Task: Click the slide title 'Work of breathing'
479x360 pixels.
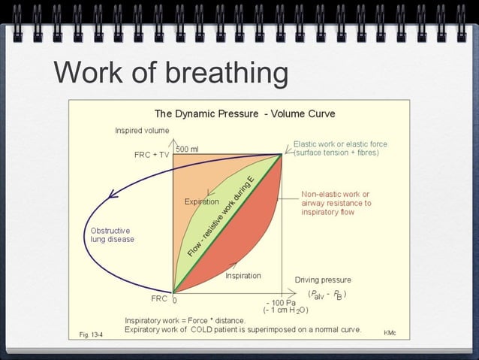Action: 171,73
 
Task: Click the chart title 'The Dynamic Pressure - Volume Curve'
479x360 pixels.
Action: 245,113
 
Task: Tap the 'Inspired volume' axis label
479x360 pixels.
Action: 142,130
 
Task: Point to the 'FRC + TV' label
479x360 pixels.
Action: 152,155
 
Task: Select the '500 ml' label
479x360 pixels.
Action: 188,149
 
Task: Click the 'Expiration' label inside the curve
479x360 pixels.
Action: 202,201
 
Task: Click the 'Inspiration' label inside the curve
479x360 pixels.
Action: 243,275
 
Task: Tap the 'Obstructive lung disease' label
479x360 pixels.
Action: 111,234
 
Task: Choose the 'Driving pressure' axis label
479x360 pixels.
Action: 323,280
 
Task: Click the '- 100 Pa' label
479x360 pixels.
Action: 281,302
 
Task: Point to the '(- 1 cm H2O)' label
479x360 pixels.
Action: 285,310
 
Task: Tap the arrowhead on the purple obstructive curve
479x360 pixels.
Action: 113,195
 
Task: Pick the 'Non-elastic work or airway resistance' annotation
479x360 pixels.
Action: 336,203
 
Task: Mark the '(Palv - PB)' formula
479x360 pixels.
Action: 327,294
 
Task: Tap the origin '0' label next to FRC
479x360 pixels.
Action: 174,299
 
